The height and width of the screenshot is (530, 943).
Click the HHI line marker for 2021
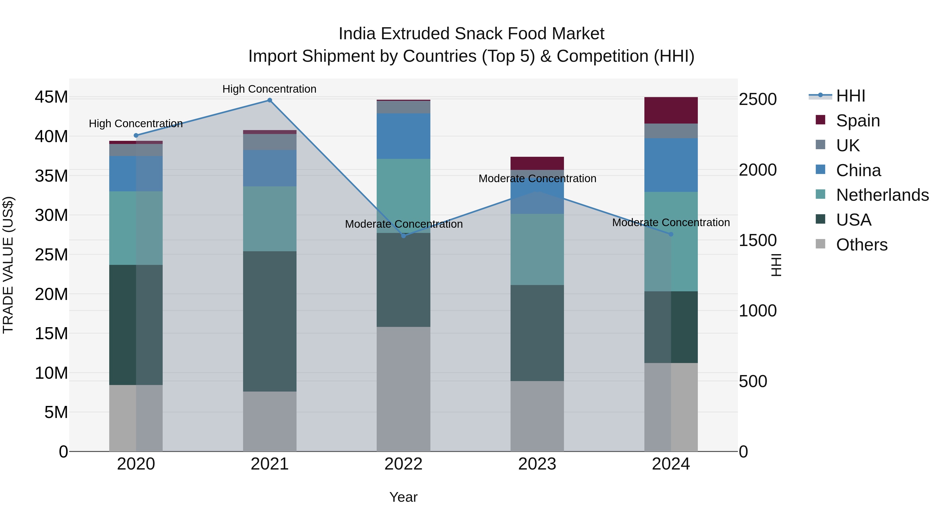click(270, 100)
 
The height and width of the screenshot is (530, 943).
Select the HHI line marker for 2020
click(136, 135)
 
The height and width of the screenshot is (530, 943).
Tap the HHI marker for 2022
click(403, 236)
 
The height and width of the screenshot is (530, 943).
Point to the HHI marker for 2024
click(671, 234)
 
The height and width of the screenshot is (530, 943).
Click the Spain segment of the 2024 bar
click(671, 110)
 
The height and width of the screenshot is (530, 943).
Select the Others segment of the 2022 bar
click(403, 389)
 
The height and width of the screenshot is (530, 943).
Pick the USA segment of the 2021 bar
click(270, 321)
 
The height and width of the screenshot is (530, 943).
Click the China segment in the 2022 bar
click(403, 136)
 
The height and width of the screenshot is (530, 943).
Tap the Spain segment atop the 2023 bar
click(537, 163)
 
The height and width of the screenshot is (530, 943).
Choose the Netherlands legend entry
click(882, 195)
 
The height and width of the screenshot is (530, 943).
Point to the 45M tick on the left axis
click(51, 97)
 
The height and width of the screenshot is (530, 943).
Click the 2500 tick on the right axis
click(757, 99)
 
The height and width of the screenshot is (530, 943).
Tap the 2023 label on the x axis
click(537, 464)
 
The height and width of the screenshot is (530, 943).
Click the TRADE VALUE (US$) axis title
click(8, 265)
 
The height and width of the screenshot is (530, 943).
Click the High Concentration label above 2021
click(270, 89)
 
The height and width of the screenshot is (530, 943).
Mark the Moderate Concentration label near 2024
click(671, 222)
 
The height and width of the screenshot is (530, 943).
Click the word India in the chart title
click(357, 34)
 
